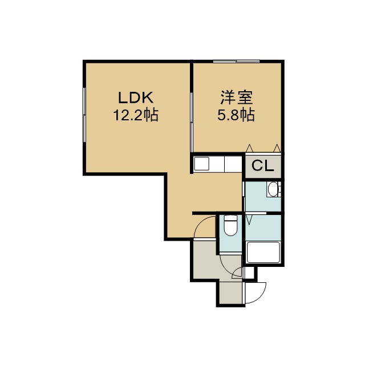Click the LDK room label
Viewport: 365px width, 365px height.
coord(136,98)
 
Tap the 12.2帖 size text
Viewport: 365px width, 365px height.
coord(136,115)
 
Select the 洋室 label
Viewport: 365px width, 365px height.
coord(237,98)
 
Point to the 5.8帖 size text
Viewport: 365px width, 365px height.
coord(236,115)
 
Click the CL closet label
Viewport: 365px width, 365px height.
coord(262,166)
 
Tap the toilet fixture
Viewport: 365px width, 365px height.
coord(230,225)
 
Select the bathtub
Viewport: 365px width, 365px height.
coord(263,253)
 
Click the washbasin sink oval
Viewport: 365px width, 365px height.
coord(273,189)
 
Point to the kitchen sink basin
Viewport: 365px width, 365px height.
coord(201,164)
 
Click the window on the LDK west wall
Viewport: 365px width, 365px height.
coord(84,115)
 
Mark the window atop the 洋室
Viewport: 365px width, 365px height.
coord(237,62)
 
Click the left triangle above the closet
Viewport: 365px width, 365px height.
coord(250,148)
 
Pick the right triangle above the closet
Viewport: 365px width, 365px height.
coord(277,148)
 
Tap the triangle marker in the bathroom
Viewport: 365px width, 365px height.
coord(249,220)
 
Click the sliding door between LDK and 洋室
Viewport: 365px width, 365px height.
coord(192,122)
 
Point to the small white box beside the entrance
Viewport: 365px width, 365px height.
coord(249,273)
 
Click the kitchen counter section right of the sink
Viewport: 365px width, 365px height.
coord(233,164)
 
